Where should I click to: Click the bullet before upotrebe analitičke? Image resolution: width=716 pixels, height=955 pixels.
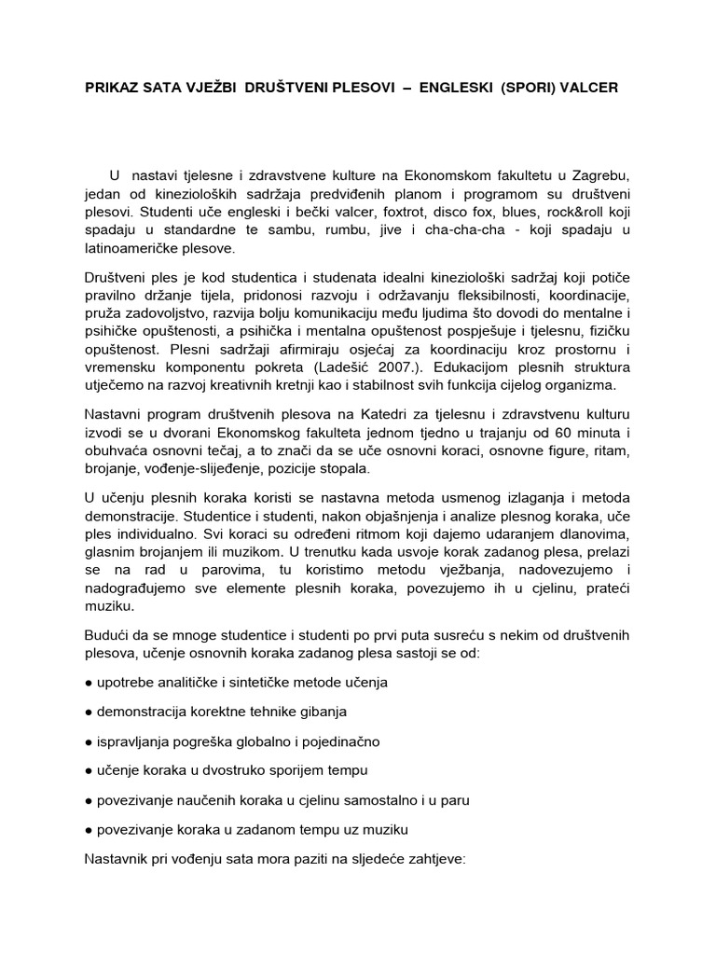89,682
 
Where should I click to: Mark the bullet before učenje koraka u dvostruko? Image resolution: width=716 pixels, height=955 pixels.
89,770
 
